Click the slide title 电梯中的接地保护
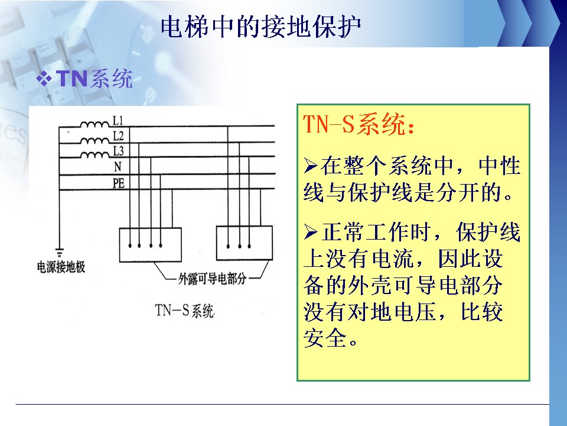click(x=260, y=27)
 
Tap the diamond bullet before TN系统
click(x=44, y=79)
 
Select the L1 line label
click(x=118, y=120)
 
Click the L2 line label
click(x=118, y=136)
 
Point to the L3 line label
click(x=118, y=151)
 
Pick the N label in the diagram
click(x=118, y=167)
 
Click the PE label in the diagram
click(x=119, y=183)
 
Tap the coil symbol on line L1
click(x=94, y=125)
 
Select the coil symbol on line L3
click(x=94, y=155)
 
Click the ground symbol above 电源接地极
click(x=59, y=253)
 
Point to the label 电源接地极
click(x=61, y=267)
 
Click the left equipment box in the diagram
click(x=151, y=245)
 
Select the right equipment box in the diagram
click(x=244, y=243)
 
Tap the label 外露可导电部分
click(x=212, y=279)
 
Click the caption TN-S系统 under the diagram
click(x=185, y=311)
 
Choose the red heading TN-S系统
click(x=358, y=124)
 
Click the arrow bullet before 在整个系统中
click(x=311, y=166)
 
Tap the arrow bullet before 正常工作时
click(x=311, y=232)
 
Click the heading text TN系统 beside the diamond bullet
click(x=94, y=79)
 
